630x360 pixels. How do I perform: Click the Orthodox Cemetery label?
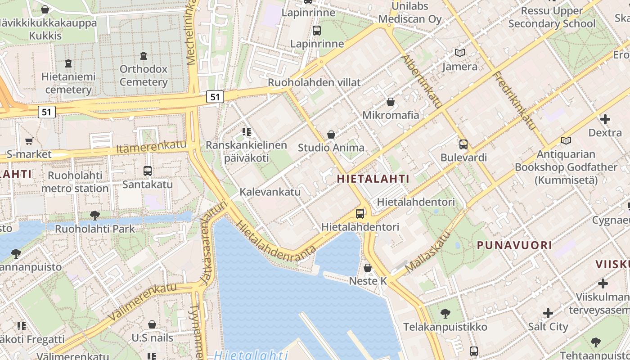[x=144, y=76]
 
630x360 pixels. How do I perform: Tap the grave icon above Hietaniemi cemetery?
[x=68, y=63]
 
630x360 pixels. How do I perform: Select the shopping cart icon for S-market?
[x=29, y=141]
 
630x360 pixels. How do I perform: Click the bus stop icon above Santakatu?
[x=148, y=171]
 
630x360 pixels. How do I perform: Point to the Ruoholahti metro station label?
[x=75, y=182]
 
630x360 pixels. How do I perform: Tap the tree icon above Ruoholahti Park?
[x=94, y=215]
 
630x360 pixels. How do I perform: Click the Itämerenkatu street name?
[x=151, y=147]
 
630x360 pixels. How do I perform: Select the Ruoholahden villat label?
[x=314, y=82]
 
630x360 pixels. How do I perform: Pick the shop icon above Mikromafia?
[x=391, y=102]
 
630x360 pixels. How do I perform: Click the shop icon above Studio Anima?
[x=331, y=135]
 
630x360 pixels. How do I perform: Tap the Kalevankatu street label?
[x=270, y=192]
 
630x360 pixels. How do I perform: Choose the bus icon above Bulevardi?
[x=463, y=144]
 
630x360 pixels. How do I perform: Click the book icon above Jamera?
[x=459, y=53]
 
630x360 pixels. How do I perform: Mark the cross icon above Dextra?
[x=605, y=119]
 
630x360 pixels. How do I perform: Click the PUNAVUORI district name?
[x=514, y=245]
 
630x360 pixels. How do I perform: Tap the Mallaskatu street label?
[x=427, y=252]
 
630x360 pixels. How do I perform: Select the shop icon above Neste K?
[x=368, y=268]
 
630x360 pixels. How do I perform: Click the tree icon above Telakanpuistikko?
[x=445, y=313]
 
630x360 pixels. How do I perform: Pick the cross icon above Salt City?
[x=548, y=313]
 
